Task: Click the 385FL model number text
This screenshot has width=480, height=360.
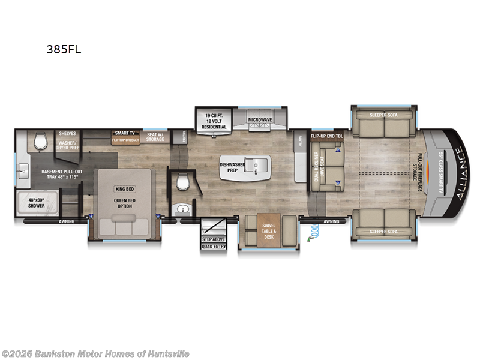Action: tap(64, 50)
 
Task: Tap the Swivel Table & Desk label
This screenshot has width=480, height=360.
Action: tap(268, 231)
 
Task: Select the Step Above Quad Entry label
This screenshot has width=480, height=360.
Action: tap(214, 242)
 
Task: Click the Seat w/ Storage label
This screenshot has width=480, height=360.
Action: tap(155, 137)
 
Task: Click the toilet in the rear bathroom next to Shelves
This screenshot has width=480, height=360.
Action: tap(41, 140)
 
